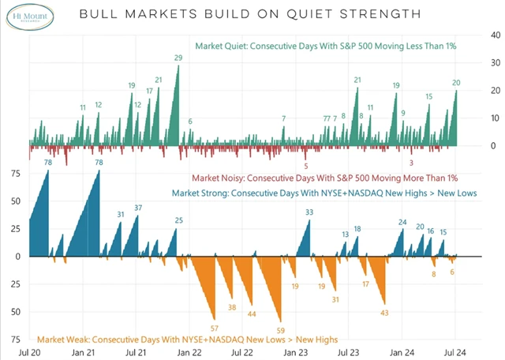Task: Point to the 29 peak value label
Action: pyautogui.click(x=178, y=58)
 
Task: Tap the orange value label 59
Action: pyautogui.click(x=280, y=330)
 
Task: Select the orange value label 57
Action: pyautogui.click(x=215, y=327)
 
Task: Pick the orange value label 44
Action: pyautogui.click(x=252, y=313)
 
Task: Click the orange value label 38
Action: pyautogui.click(x=231, y=307)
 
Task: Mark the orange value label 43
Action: pyautogui.click(x=385, y=313)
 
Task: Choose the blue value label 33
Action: pyautogui.click(x=309, y=212)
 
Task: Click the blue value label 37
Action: pyautogui.click(x=138, y=208)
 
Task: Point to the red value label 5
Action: pyautogui.click(x=306, y=166)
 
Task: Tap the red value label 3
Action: pyautogui.click(x=412, y=163)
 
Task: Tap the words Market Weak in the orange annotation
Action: pyautogui.click(x=65, y=339)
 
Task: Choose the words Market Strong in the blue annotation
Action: pyautogui.click(x=201, y=193)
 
